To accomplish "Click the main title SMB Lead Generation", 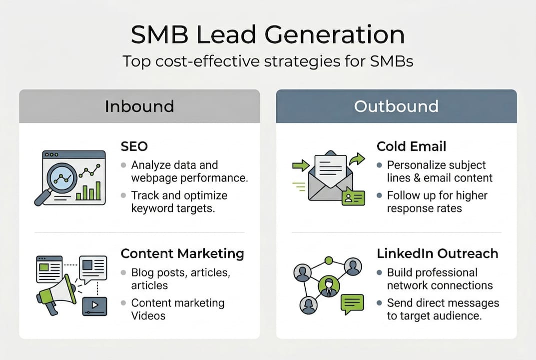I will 268,35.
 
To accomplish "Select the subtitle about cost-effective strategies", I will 268,62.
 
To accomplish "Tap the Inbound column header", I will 139,106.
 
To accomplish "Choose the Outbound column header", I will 396,106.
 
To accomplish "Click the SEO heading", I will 134,146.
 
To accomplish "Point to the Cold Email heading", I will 411,146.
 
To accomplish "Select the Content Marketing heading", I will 182,253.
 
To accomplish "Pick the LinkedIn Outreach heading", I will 437,253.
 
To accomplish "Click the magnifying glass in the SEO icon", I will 60,177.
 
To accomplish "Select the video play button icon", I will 94,305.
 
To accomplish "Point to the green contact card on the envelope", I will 353,198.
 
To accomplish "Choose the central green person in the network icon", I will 328,287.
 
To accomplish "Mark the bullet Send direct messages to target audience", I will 443,309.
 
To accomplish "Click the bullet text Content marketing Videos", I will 177,309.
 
